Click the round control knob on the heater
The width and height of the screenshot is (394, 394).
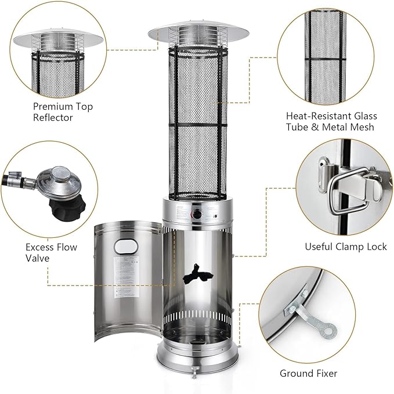pos(197,215)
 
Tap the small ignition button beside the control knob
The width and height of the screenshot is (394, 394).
pos(215,217)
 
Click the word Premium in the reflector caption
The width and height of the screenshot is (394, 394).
pos(53,107)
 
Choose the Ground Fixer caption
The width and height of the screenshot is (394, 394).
pos(317,373)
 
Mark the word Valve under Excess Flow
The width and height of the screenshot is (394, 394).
pos(37,258)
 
